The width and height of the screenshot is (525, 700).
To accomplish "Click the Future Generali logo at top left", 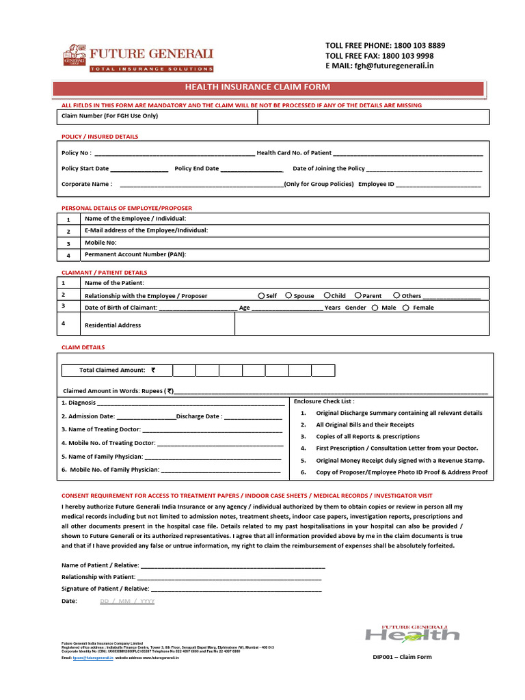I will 137,58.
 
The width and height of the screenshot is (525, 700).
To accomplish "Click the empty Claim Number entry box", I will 373,117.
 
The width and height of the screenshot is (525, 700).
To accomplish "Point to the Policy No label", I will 76,153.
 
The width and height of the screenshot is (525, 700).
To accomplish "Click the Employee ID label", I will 376,184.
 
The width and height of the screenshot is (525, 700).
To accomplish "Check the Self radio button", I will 262,295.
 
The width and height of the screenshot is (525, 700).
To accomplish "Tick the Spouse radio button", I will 288,295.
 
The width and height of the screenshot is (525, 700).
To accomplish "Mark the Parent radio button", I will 358,295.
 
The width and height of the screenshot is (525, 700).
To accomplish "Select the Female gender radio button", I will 406,308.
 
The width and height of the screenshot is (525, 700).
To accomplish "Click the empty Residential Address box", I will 362,324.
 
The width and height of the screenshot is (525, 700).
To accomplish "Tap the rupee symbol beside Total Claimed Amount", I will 153,370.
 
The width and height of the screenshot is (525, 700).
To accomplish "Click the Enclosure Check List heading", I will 324,401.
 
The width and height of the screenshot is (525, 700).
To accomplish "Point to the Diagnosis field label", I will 79,403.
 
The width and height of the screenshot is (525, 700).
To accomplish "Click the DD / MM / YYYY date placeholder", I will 127,601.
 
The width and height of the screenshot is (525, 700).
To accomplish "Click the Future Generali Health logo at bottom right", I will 412,633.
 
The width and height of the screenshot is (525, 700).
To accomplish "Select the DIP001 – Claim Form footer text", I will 402,657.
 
